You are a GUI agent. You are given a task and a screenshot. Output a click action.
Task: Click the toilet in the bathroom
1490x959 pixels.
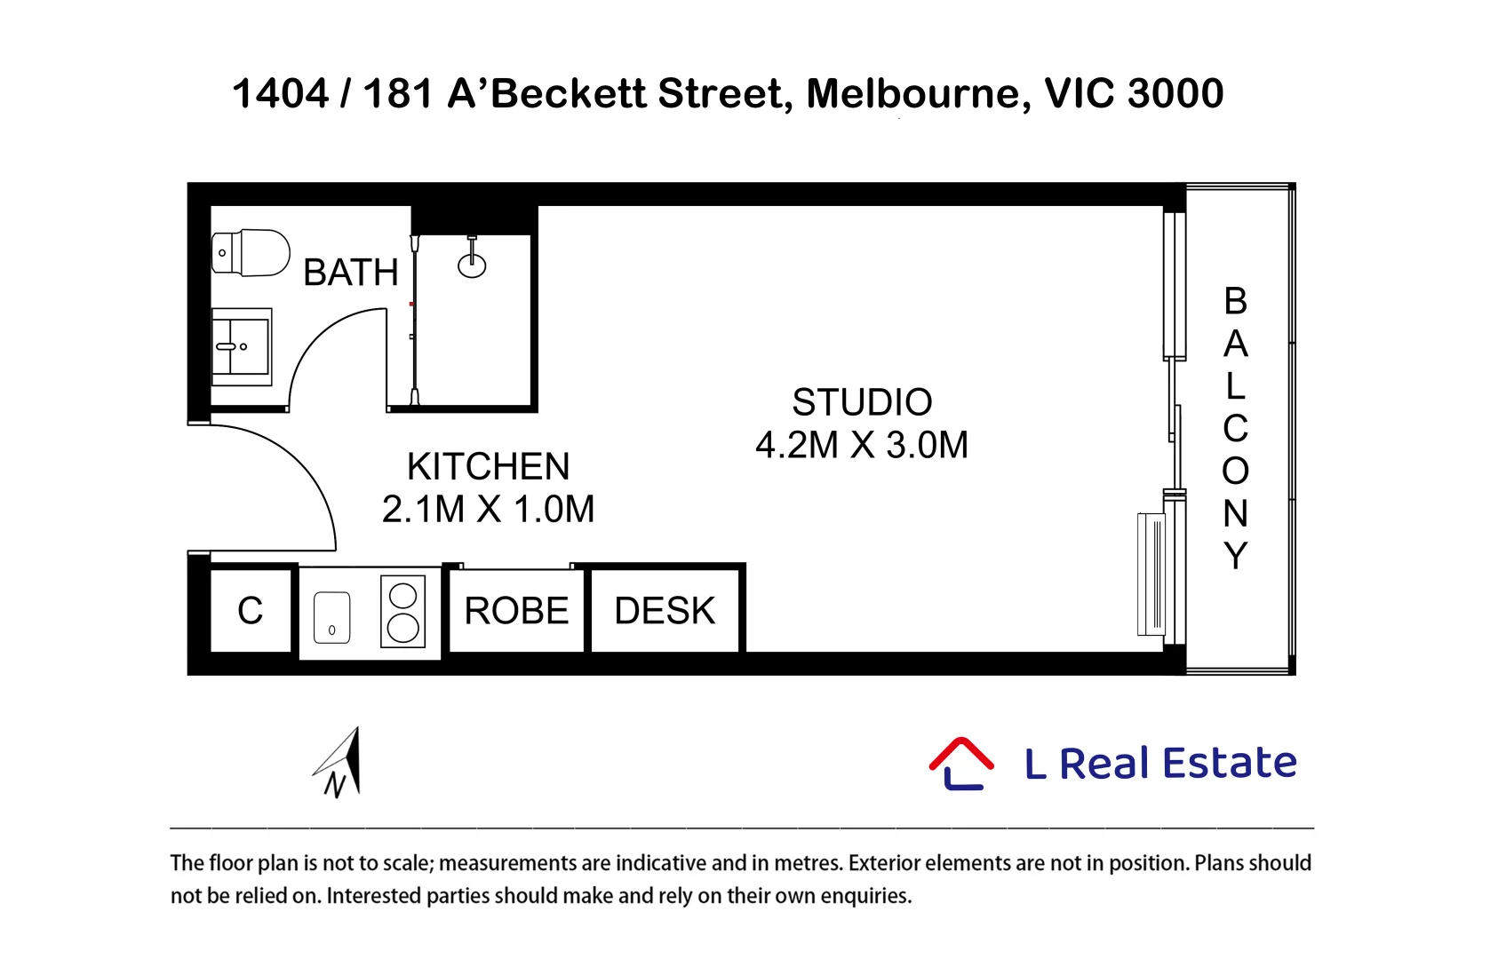(251, 252)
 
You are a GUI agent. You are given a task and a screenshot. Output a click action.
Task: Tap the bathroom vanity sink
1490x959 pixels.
(242, 346)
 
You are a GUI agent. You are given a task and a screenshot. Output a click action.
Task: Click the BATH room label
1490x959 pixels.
(351, 273)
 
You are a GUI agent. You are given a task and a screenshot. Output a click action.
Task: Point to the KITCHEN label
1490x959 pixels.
(489, 466)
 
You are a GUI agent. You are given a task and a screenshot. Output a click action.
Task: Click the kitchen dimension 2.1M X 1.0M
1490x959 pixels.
(489, 509)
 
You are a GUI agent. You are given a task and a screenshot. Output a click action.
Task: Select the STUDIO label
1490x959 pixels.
(862, 402)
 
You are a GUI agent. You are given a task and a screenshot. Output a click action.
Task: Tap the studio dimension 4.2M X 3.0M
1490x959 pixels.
(862, 445)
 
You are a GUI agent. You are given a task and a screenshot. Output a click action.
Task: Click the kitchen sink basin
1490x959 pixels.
(332, 617)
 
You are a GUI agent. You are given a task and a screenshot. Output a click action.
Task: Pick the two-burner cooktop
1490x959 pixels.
(402, 612)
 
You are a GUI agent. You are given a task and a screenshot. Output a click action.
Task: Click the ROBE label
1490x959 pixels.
(517, 611)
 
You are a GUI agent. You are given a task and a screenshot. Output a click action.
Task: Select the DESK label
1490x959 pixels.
(665, 611)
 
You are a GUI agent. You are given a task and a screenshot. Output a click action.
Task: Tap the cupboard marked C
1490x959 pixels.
(250, 610)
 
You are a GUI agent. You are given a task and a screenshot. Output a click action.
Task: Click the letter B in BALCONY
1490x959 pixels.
(1235, 301)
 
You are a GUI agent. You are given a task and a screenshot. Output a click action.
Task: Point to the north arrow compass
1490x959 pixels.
(340, 762)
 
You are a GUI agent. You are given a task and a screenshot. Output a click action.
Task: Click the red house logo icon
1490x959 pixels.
(961, 763)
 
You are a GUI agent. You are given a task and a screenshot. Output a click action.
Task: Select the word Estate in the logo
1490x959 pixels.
(1230, 762)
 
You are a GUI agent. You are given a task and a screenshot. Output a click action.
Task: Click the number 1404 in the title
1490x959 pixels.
(280, 93)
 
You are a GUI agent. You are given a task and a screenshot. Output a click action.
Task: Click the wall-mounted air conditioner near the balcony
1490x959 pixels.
(1151, 575)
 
